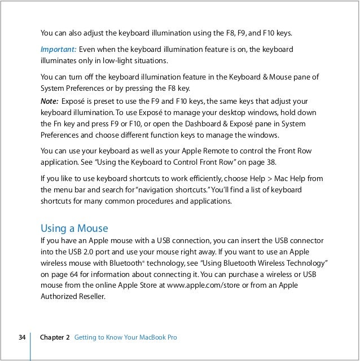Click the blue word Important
58,50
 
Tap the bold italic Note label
49,101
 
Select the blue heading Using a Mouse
74,228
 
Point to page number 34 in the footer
22,337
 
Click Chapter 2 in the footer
55,337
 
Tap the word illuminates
59,60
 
